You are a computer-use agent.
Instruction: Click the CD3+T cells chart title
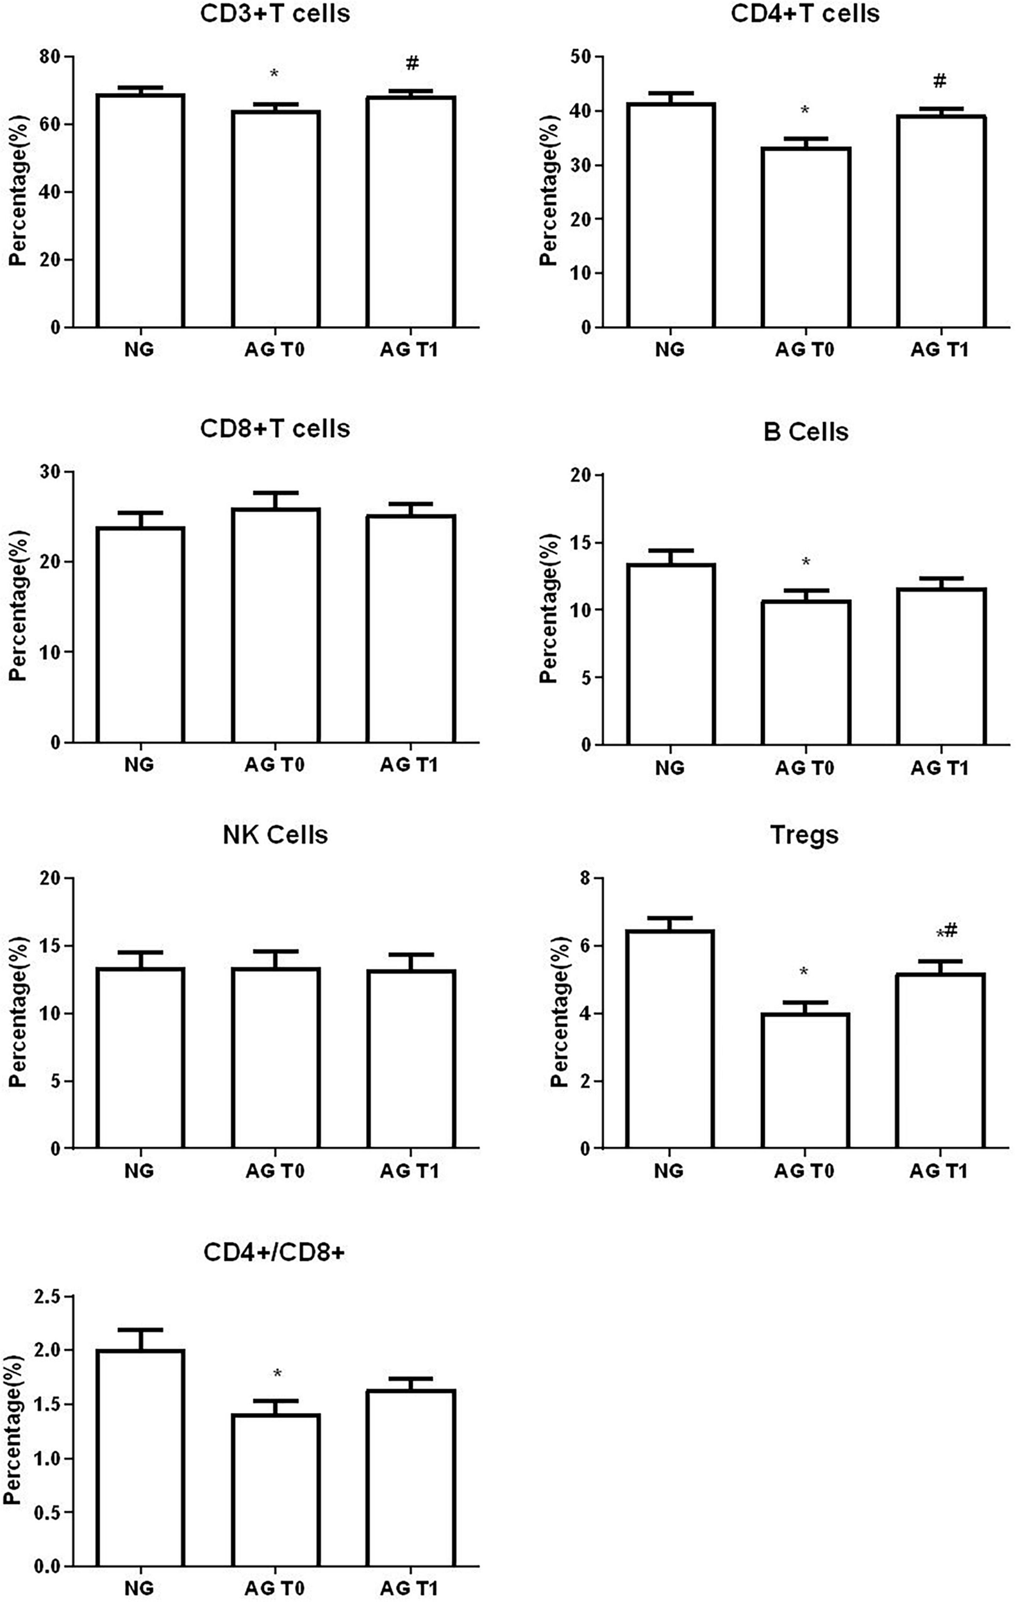(275, 13)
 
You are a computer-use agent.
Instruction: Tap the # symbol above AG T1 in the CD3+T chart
(412, 64)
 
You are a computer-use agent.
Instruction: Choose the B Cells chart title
(805, 432)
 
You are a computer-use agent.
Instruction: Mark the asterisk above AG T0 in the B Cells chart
(806, 563)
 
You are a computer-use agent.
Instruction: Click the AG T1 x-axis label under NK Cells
(409, 1171)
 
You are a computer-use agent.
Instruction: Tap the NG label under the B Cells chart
(669, 768)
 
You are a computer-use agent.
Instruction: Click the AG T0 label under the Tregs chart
(804, 1171)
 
